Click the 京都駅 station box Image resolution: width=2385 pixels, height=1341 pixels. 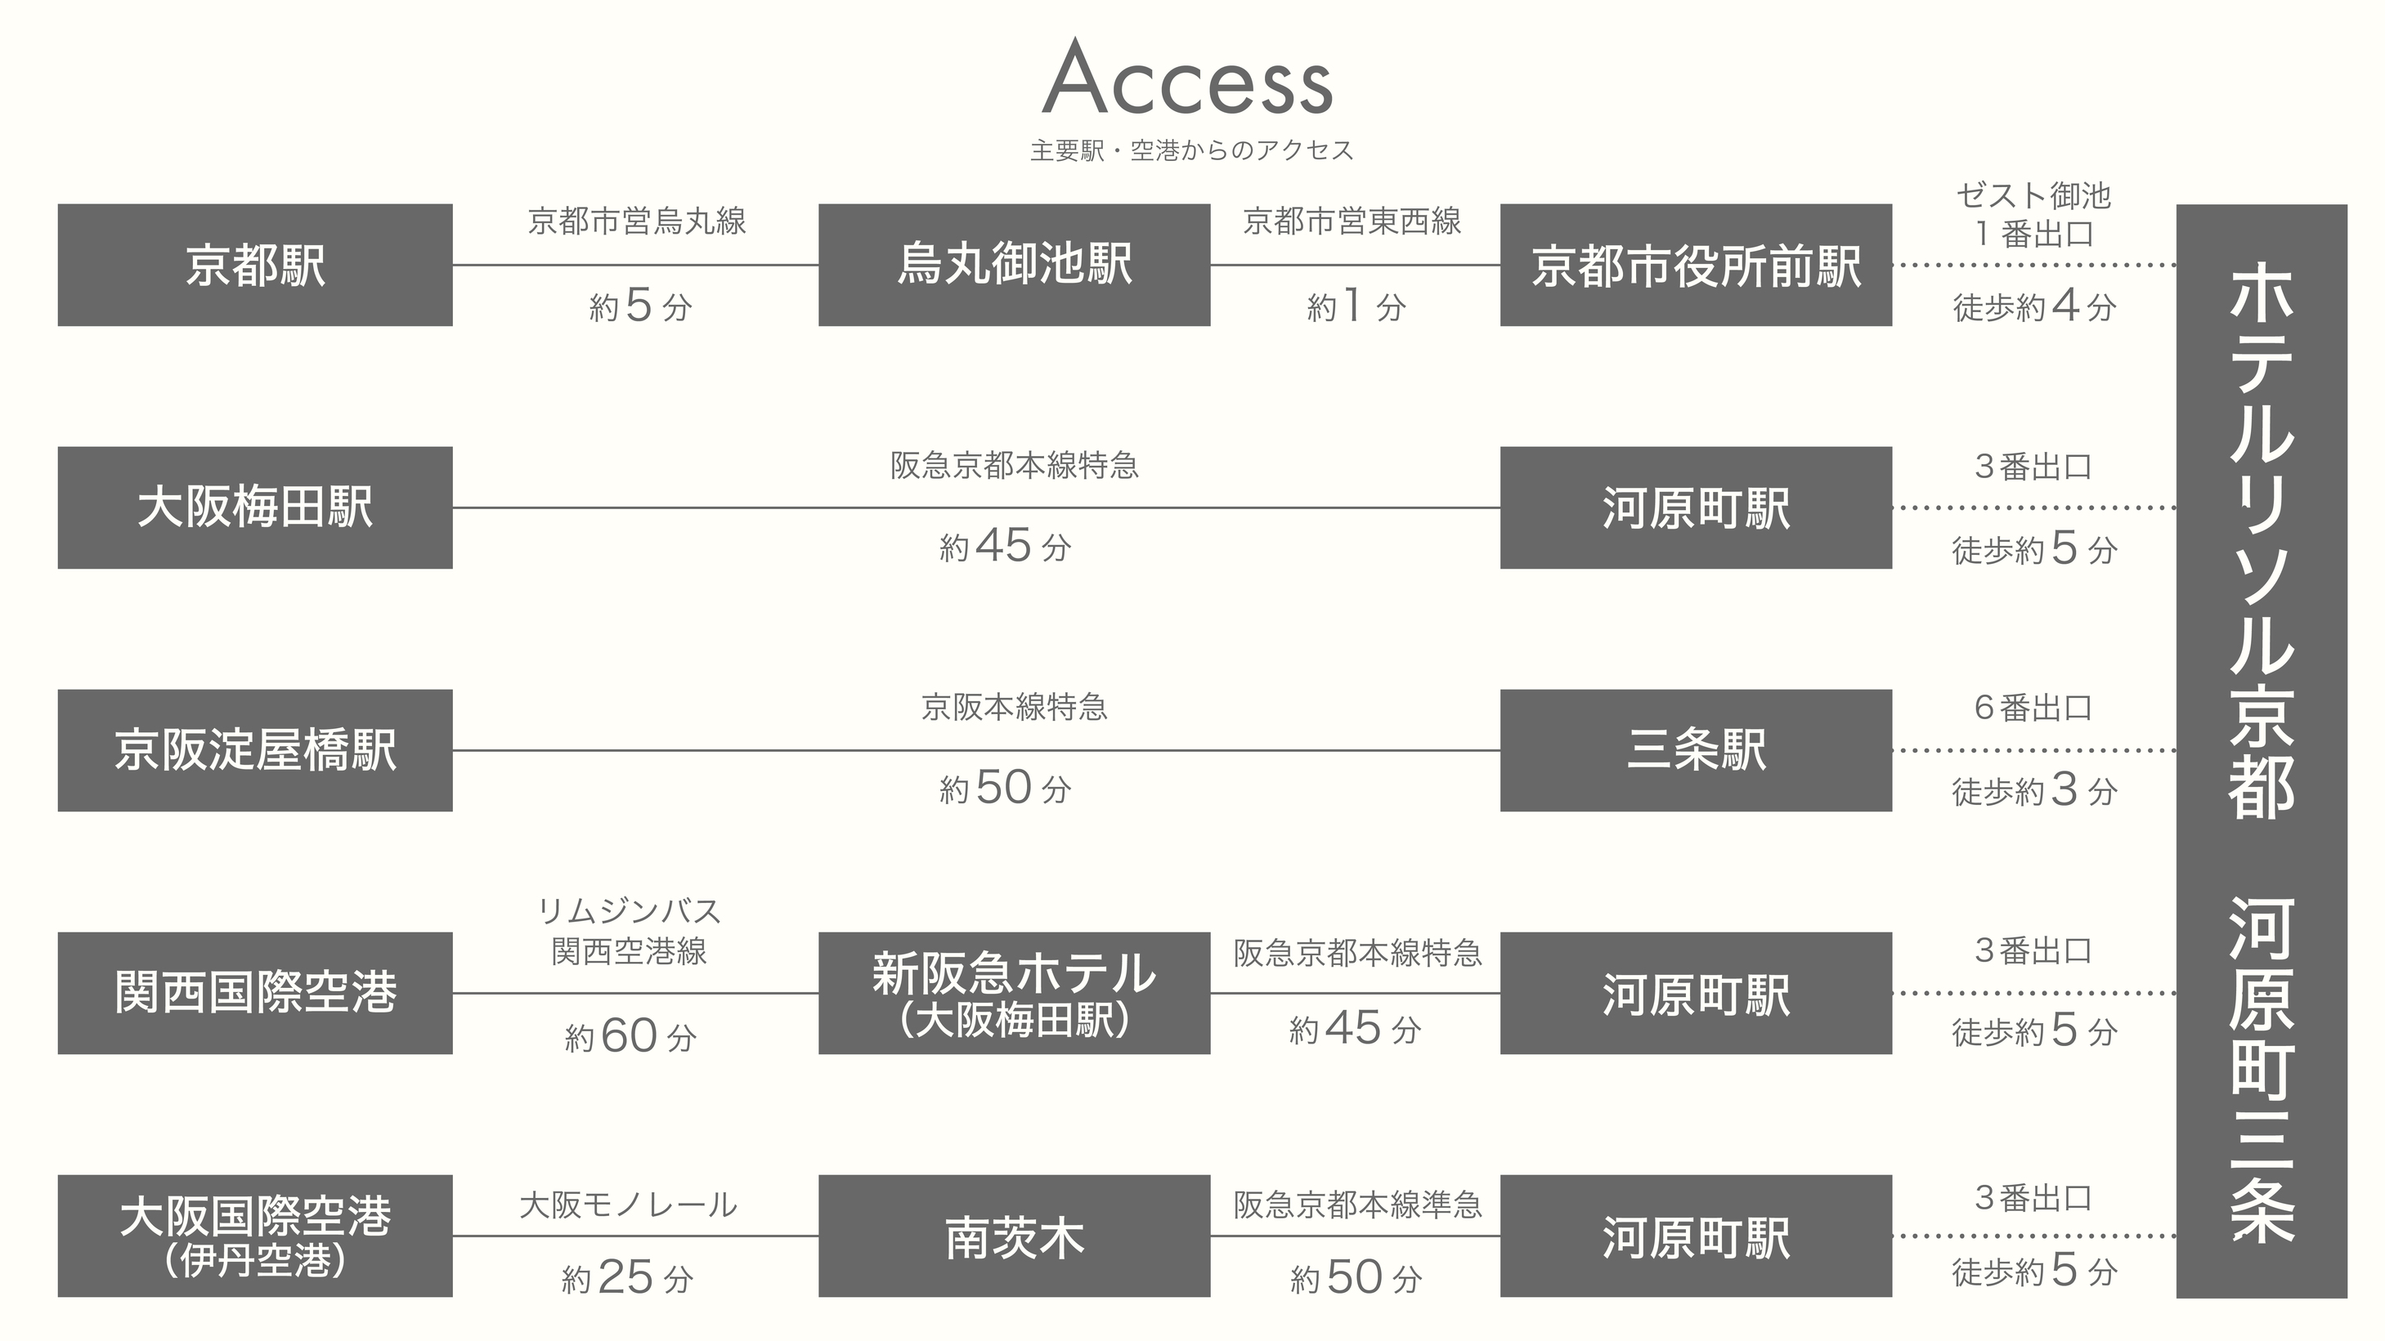point(254,265)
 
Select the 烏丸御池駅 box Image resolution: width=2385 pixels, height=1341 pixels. point(1014,265)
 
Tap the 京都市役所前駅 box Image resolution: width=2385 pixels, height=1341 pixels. point(1695,265)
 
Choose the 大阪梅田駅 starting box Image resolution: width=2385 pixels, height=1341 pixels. point(254,507)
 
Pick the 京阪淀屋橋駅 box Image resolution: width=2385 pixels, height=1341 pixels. point(254,749)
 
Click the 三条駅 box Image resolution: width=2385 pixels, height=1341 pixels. point(1695,749)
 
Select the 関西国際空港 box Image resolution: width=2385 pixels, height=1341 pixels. point(254,992)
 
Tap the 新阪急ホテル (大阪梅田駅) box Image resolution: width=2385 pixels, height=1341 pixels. point(1014,992)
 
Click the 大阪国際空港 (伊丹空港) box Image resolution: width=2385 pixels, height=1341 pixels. point(254,1236)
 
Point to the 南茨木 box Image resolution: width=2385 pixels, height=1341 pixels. point(1014,1236)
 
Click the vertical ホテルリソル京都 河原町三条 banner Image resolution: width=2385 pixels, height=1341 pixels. point(2261,749)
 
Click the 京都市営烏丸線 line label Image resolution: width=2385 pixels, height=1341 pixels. point(637,221)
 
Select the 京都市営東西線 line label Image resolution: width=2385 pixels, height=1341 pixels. point(1352,221)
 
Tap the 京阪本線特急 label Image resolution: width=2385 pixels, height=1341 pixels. point(1014,707)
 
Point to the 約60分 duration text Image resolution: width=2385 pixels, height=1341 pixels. point(630,1036)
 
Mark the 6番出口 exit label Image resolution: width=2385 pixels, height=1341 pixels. point(2033,708)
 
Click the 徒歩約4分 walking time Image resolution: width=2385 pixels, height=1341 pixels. point(2034,306)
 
